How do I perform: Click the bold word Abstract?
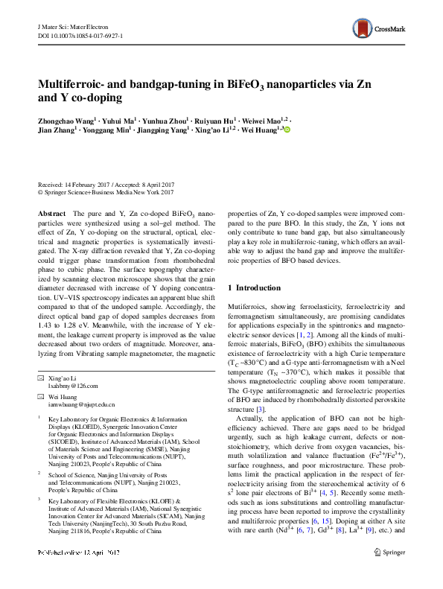51,213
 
